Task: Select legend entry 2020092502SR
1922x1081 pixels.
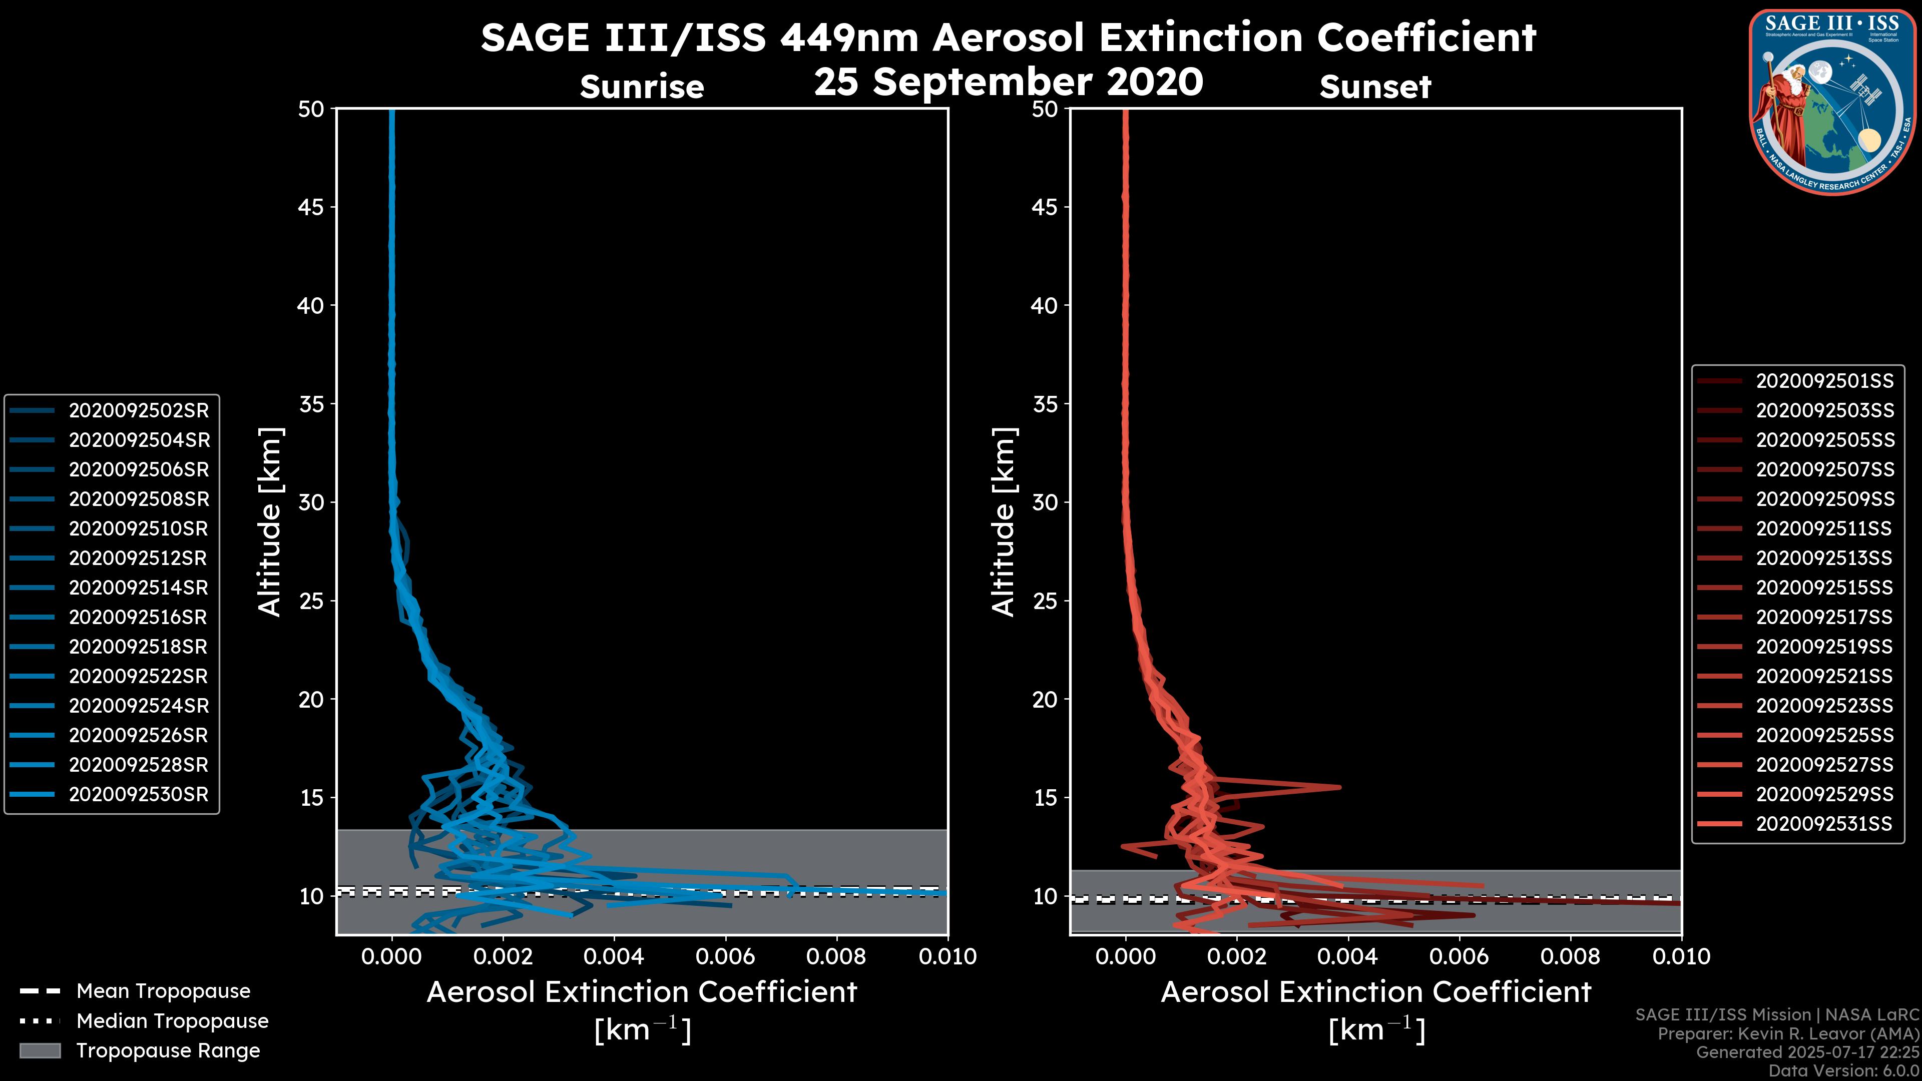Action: (139, 410)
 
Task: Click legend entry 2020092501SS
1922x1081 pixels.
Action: (1824, 381)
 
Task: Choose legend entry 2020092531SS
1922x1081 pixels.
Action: (1824, 824)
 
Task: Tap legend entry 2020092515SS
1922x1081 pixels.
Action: (1824, 588)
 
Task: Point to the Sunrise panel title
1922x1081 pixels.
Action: (642, 87)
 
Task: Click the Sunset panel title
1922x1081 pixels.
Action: (1375, 87)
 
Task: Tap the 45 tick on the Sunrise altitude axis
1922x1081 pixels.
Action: (311, 207)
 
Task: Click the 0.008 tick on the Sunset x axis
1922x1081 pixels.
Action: (1571, 956)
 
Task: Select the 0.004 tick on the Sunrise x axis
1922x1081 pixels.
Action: (613, 956)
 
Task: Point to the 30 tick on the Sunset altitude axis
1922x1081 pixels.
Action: (1045, 502)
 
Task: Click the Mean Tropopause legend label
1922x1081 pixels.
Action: (163, 991)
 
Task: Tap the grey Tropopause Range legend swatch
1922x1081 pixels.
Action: (40, 1050)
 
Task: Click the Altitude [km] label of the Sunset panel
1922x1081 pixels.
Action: (1004, 522)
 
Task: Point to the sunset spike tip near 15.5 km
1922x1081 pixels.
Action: (1339, 787)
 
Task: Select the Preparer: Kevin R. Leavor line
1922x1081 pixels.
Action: (1788, 1033)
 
